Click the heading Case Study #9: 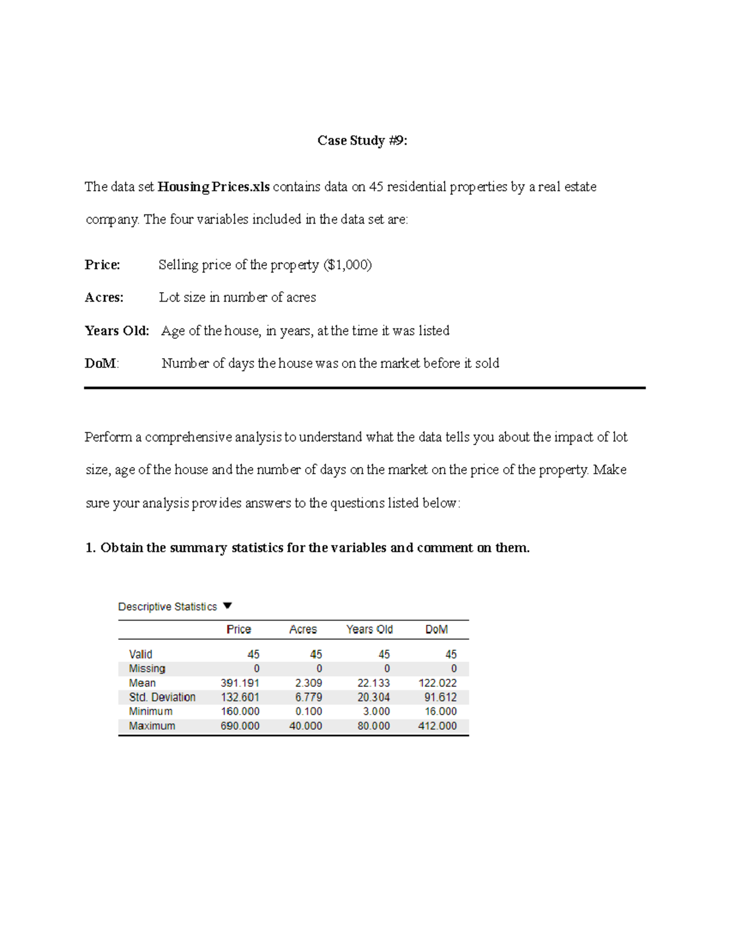pyautogui.click(x=362, y=141)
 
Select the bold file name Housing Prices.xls pyautogui.click(x=213, y=187)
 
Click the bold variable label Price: pyautogui.click(x=102, y=265)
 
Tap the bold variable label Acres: pyautogui.click(x=104, y=298)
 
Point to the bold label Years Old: pyautogui.click(x=117, y=331)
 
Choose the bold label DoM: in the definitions pyautogui.click(x=101, y=364)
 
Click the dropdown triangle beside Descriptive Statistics pyautogui.click(x=228, y=606)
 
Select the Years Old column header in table pyautogui.click(x=369, y=630)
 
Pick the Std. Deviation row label pyautogui.click(x=162, y=697)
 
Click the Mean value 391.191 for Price pyautogui.click(x=240, y=683)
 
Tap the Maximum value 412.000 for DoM pyautogui.click(x=437, y=726)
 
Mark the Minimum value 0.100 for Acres pyautogui.click(x=309, y=712)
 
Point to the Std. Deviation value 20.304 pyautogui.click(x=374, y=697)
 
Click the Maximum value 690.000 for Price pyautogui.click(x=240, y=726)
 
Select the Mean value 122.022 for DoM pyautogui.click(x=437, y=683)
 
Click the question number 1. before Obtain pyautogui.click(x=91, y=548)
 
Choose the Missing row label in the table pyautogui.click(x=147, y=669)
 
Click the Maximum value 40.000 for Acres pyautogui.click(x=306, y=726)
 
